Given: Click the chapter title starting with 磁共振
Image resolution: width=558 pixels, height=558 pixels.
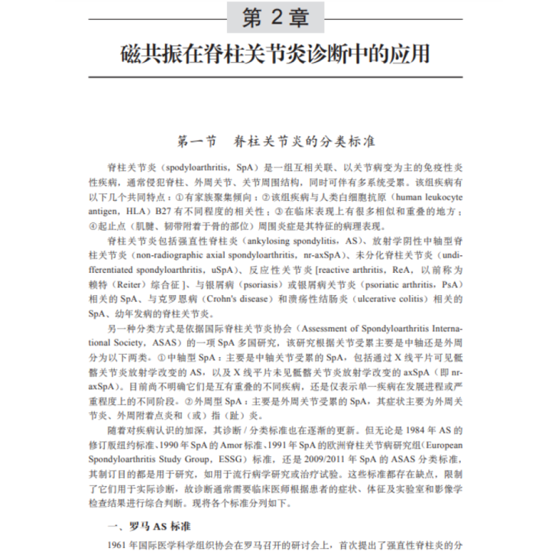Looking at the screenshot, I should [279, 56].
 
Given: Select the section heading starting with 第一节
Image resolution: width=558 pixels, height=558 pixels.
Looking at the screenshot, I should [279, 141].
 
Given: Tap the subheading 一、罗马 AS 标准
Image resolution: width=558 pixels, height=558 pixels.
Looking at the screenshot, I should [151, 527].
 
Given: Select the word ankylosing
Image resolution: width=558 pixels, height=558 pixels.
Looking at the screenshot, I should [263, 240].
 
